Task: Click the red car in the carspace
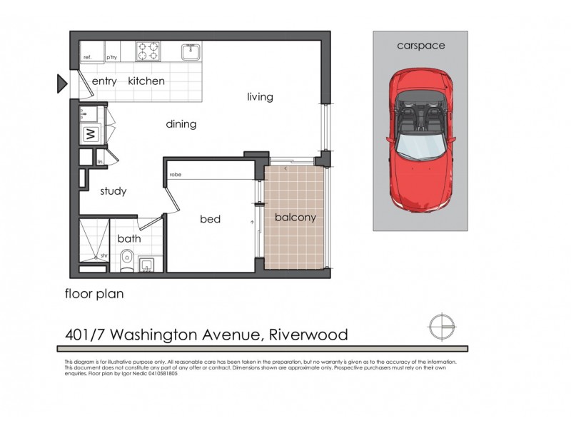[x=420, y=139]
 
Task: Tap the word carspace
[x=420, y=46]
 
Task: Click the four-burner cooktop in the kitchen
[x=148, y=51]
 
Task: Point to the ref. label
[x=88, y=57]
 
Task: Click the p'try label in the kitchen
[x=111, y=57]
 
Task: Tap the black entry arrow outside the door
[x=61, y=84]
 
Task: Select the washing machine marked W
[x=91, y=133]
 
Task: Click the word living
[x=260, y=96]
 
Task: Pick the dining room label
[x=181, y=124]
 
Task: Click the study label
[x=113, y=190]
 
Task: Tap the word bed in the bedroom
[x=210, y=219]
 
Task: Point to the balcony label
[x=295, y=218]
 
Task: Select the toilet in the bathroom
[x=127, y=258]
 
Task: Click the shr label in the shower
[x=104, y=255]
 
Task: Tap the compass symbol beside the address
[x=442, y=326]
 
